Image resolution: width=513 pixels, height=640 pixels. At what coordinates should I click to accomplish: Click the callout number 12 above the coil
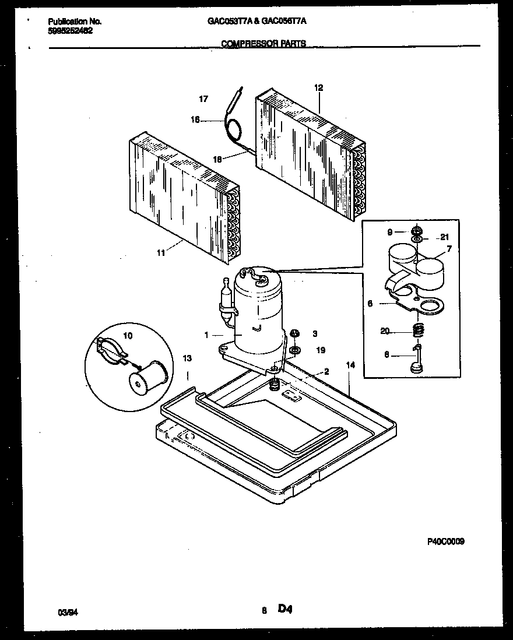pyautogui.click(x=319, y=88)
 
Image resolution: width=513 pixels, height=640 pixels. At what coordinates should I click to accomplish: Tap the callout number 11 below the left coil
pyautogui.click(x=160, y=252)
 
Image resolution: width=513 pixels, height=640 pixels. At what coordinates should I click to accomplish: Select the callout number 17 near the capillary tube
pyautogui.click(x=203, y=99)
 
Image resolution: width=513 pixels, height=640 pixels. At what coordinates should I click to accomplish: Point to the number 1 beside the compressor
pyautogui.click(x=206, y=335)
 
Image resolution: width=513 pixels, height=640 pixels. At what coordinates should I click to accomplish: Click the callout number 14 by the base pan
pyautogui.click(x=350, y=365)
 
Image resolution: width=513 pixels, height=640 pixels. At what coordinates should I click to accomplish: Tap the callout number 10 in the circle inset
pyautogui.click(x=128, y=336)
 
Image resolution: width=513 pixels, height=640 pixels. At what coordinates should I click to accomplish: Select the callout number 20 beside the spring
pyautogui.click(x=385, y=331)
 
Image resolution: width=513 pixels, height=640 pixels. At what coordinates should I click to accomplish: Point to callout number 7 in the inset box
pyautogui.click(x=448, y=249)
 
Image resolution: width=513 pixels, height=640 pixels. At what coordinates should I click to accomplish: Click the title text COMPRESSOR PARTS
pyautogui.click(x=263, y=43)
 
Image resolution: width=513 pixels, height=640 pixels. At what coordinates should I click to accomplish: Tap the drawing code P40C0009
pyautogui.click(x=446, y=541)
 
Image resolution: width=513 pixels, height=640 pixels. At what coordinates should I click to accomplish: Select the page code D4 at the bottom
pyautogui.click(x=284, y=610)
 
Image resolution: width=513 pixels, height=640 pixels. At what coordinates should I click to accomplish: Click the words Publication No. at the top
pyautogui.click(x=75, y=21)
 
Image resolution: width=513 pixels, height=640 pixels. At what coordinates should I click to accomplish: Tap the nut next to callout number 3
pyautogui.click(x=294, y=333)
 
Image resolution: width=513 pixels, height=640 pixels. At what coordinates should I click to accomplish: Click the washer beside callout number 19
pyautogui.click(x=294, y=351)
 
